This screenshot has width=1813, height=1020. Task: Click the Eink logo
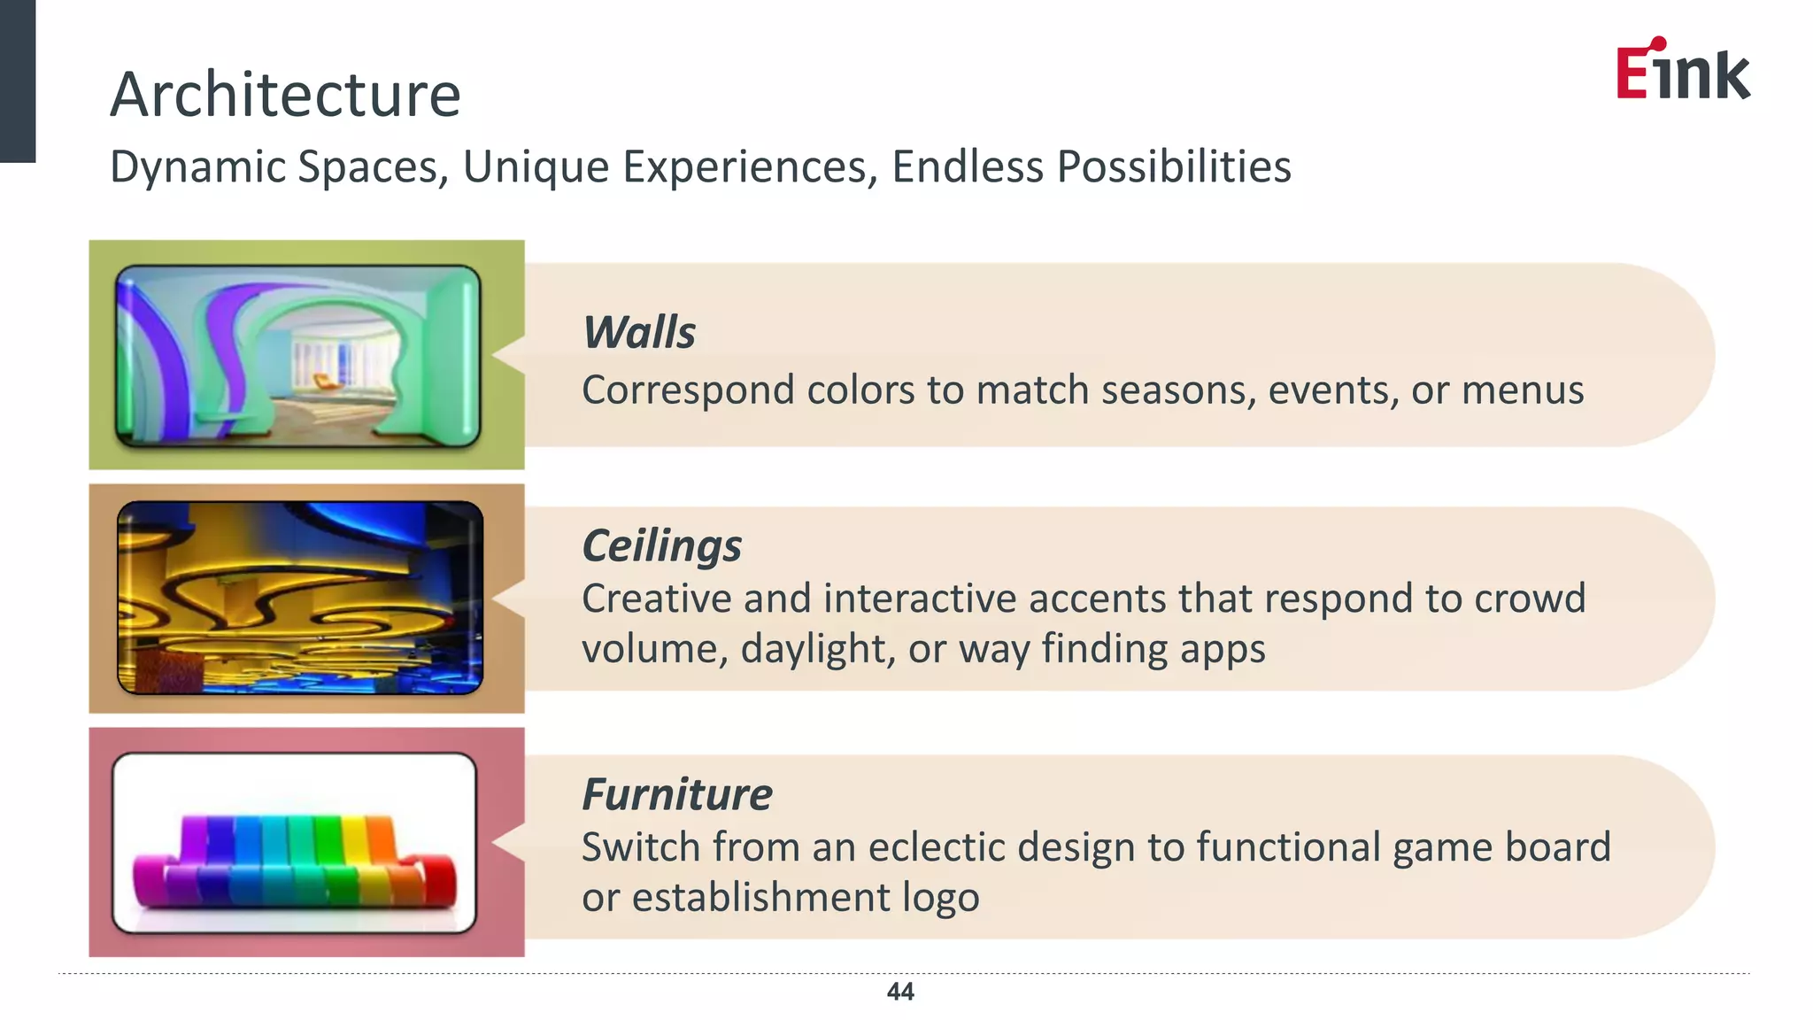click(1682, 71)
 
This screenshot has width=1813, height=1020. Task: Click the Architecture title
click(285, 96)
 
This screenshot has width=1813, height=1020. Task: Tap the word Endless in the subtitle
click(967, 166)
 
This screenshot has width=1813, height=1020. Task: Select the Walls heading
click(639, 333)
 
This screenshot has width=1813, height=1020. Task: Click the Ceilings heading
click(661, 545)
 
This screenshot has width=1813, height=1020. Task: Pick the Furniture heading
click(676, 794)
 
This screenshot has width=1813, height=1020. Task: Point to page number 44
click(900, 992)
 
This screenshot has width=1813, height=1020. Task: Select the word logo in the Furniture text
click(940, 898)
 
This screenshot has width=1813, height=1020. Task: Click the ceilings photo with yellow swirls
click(300, 598)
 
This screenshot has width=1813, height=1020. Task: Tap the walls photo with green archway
click(298, 356)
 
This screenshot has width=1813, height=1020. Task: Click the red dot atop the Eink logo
click(1659, 43)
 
